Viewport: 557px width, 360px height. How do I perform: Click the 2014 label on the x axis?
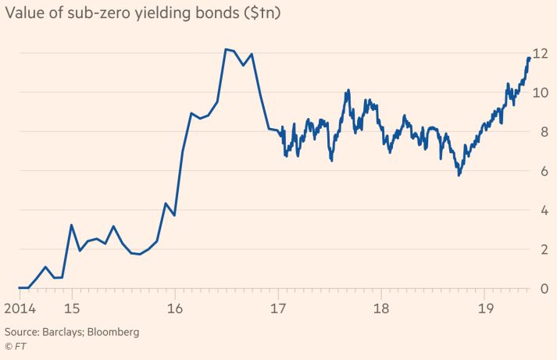pyautogui.click(x=18, y=307)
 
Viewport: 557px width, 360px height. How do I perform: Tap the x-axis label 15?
pyautogui.click(x=71, y=307)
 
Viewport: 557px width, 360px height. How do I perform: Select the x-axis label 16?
pyautogui.click(x=174, y=307)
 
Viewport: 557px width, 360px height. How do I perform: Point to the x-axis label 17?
pyautogui.click(x=278, y=307)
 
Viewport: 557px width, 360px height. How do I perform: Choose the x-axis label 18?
pyautogui.click(x=381, y=307)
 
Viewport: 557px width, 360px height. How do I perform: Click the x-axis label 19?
pyautogui.click(x=485, y=307)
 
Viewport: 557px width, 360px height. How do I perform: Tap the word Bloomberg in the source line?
pyautogui.click(x=113, y=332)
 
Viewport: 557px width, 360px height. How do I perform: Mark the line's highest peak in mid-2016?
pyautogui.click(x=225, y=49)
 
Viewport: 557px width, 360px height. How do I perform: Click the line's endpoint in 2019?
pyautogui.click(x=530, y=58)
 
